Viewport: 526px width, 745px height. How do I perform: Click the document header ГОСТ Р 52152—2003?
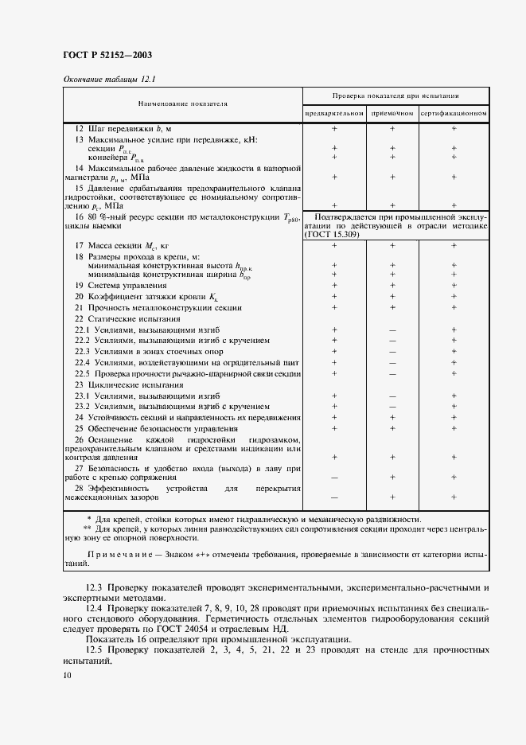tap(107, 55)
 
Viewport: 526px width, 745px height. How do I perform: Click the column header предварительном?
tap(334, 113)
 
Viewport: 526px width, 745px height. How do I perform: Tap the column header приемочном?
tap(392, 113)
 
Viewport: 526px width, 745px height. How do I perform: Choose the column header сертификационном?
tap(454, 113)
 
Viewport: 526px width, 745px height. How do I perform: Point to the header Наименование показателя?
tap(182, 103)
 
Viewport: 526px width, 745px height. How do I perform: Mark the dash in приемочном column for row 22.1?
tap(392, 330)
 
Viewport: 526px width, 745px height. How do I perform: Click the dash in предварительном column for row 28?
tap(334, 497)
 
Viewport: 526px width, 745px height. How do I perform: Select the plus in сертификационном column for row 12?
tap(454, 128)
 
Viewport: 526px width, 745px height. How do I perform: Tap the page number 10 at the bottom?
tap(66, 676)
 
